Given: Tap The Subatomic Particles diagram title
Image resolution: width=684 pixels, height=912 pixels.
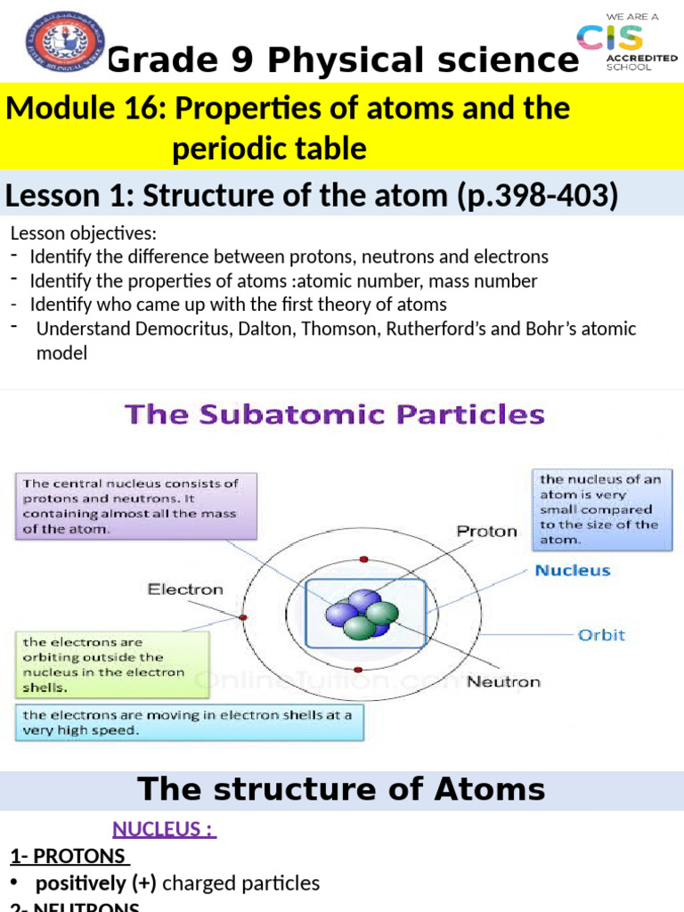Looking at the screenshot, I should [334, 415].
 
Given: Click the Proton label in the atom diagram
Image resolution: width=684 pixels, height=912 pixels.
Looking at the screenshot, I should [486, 532].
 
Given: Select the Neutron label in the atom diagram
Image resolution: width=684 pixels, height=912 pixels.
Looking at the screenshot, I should [503, 681].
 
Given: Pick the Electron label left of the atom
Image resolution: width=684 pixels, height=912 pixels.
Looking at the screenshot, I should [185, 589].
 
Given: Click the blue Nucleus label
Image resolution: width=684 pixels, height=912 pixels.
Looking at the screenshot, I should [572, 570].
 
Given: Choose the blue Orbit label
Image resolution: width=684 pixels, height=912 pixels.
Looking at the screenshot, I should [601, 635].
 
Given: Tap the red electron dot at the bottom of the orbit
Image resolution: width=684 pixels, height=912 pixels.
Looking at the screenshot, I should [357, 668].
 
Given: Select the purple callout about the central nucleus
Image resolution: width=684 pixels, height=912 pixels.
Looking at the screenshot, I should [136, 506].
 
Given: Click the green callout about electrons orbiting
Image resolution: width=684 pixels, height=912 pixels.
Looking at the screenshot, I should [112, 664].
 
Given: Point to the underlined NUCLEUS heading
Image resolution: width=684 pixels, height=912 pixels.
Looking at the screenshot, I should [163, 829].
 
